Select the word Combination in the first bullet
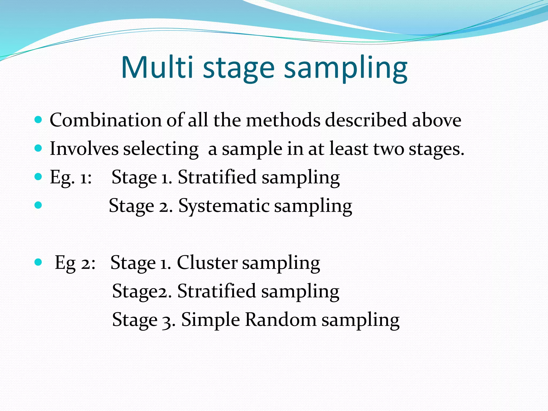pyautogui.click(x=105, y=120)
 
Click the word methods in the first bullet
pyautogui.click(x=283, y=120)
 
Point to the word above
pyautogui.click(x=436, y=120)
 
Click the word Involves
pyautogui.click(x=84, y=149)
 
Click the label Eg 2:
pyautogui.click(x=75, y=263)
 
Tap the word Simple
pyautogui.click(x=210, y=320)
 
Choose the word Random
pyautogui.click(x=280, y=319)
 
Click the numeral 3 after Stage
pyautogui.click(x=166, y=321)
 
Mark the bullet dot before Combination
pyautogui.click(x=39, y=119)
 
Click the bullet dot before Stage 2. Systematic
pyautogui.click(x=39, y=205)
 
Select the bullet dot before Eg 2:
pyautogui.click(x=39, y=262)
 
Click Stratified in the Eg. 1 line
pyautogui.click(x=217, y=177)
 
